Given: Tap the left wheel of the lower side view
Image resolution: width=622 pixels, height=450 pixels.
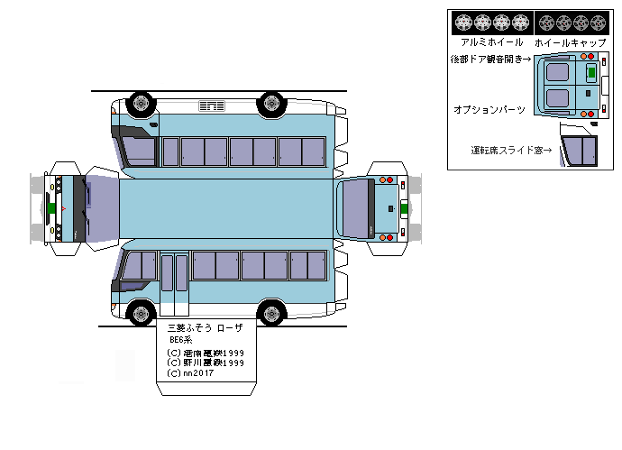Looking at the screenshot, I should click(x=139, y=315).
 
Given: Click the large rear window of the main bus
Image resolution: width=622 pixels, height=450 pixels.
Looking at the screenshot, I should click(x=355, y=208).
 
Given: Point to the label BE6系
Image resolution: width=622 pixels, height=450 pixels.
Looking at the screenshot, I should click(x=181, y=340).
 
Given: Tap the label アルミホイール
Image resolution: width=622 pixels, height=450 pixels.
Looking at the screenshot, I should click(x=491, y=41).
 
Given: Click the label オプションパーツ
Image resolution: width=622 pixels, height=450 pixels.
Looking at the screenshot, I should click(x=491, y=108).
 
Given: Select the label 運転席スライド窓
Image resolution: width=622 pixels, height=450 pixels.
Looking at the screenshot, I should click(x=510, y=150).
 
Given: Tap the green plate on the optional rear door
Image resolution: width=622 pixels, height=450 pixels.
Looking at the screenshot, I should click(x=591, y=71).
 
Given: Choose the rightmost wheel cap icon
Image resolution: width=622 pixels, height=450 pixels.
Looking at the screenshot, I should click(x=599, y=23).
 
